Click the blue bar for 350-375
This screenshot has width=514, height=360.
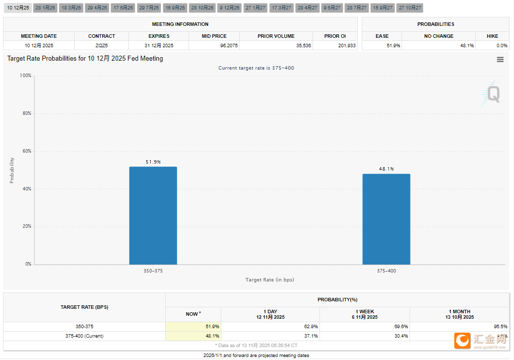pos(153,215)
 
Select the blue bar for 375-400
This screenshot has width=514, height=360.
pos(386,219)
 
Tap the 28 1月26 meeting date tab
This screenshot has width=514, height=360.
pos(45,8)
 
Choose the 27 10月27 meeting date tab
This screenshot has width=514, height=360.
pos(410,8)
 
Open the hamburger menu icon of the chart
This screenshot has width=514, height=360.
pos(500,60)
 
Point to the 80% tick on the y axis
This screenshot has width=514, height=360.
pos(26,113)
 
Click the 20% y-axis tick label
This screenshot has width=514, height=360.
pos(26,226)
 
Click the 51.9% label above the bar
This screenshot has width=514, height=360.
pos(153,162)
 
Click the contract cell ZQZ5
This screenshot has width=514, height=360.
pos(102,46)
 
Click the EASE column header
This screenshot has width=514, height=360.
pos(382,36)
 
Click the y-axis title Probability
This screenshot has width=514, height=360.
pos(12,171)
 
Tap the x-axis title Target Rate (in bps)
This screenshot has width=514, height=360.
pos(270,280)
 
